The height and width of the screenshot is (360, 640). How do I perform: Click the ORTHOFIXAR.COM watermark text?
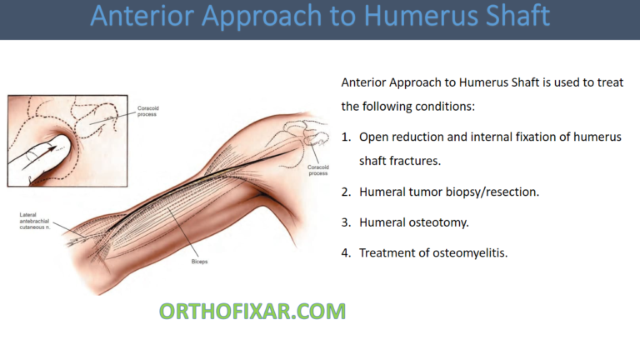click(252, 312)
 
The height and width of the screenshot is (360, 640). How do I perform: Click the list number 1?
click(347, 137)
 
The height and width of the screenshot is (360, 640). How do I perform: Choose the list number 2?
click(347, 192)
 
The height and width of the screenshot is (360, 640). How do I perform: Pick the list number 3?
click(347, 222)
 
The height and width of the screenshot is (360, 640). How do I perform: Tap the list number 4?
click(347, 252)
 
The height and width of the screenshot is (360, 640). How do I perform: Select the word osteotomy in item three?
click(441, 222)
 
